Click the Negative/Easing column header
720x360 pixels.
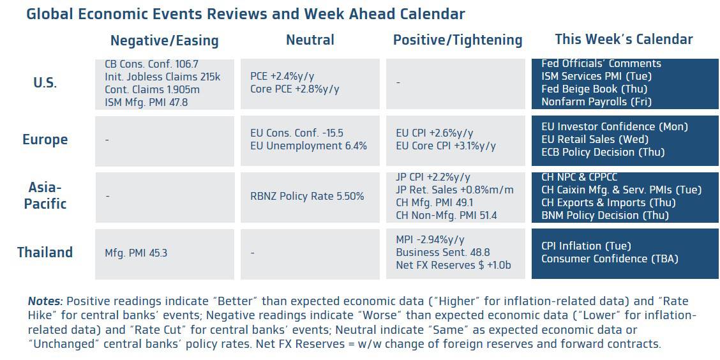click(165, 41)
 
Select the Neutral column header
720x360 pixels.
click(310, 40)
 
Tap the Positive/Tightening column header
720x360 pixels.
click(458, 40)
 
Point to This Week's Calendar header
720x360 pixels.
click(624, 40)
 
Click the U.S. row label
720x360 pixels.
click(45, 84)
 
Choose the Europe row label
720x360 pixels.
click(45, 140)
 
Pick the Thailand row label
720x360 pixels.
click(45, 253)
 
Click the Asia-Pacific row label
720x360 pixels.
click(45, 195)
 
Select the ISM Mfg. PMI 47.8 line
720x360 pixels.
click(146, 102)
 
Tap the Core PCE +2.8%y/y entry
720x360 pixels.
click(295, 89)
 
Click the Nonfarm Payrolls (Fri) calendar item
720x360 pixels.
click(596, 101)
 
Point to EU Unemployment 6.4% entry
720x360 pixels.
click(308, 146)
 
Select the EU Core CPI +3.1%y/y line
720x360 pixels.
click(446, 146)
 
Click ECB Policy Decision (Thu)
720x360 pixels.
click(603, 152)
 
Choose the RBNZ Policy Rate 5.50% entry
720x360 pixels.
click(307, 196)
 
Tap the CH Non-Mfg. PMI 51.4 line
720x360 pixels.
click(446, 215)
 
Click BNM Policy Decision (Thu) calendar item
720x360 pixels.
click(605, 215)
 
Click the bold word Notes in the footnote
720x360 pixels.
click(45, 301)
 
